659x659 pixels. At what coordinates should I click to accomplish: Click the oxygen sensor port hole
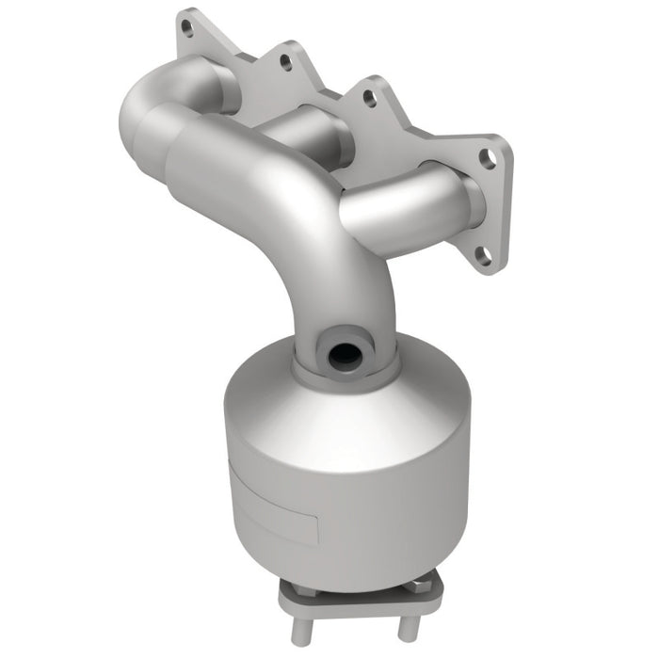342,355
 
